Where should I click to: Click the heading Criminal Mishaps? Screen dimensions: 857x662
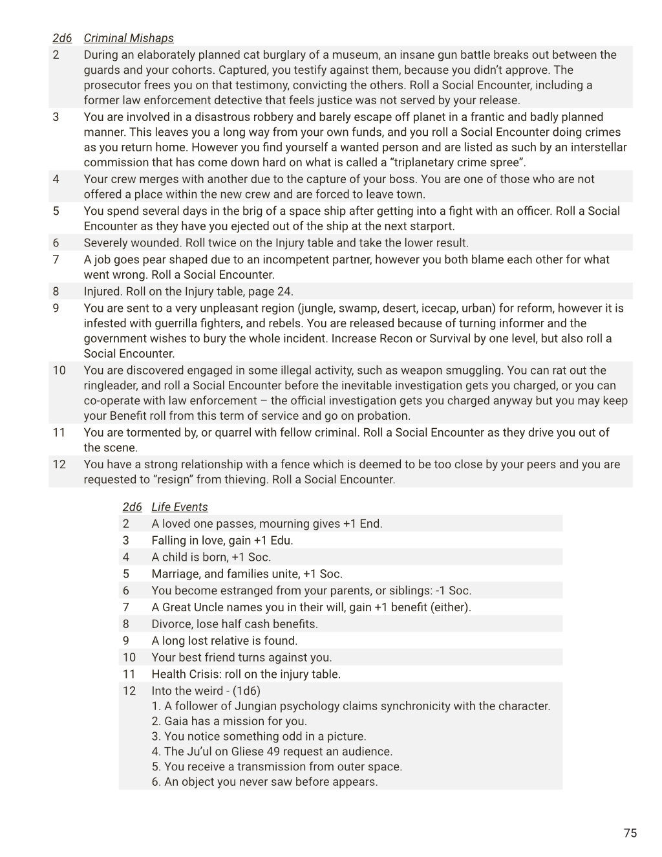[x=129, y=38]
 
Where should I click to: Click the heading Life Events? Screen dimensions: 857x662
[x=180, y=507]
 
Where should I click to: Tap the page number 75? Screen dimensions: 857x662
[x=630, y=832]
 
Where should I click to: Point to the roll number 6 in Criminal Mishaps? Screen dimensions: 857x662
[x=56, y=243]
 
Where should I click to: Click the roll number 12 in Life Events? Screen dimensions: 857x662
[x=129, y=690]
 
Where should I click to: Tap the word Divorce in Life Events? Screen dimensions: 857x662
[x=171, y=624]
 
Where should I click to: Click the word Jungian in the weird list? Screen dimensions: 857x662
[x=256, y=706]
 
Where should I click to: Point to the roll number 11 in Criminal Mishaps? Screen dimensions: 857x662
[x=59, y=432]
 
